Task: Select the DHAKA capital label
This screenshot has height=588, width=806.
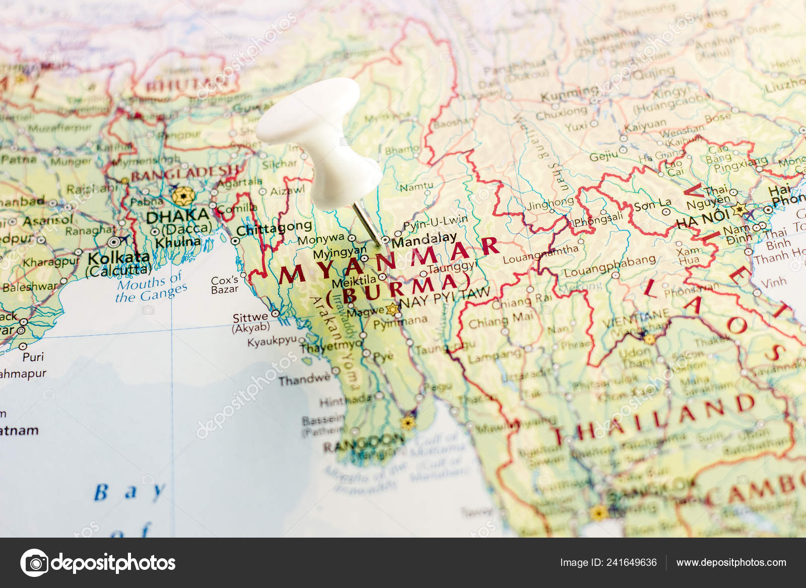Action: pyautogui.click(x=177, y=216)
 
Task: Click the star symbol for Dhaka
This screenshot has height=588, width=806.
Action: pyautogui.click(x=182, y=195)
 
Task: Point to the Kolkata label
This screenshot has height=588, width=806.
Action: pyautogui.click(x=119, y=258)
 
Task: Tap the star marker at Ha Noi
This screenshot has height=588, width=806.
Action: pyautogui.click(x=740, y=209)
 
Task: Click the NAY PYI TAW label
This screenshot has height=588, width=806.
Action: pyautogui.click(x=444, y=297)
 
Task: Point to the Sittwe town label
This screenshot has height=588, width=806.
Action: pyautogui.click(x=250, y=318)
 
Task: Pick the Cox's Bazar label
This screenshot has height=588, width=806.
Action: pyautogui.click(x=225, y=285)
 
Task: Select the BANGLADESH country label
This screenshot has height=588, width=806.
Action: pyautogui.click(x=184, y=173)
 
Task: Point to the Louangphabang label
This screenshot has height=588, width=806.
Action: pyautogui.click(x=610, y=267)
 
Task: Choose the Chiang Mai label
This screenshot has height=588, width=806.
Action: pyautogui.click(x=496, y=320)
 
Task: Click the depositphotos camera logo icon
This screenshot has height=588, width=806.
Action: pyautogui.click(x=34, y=562)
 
